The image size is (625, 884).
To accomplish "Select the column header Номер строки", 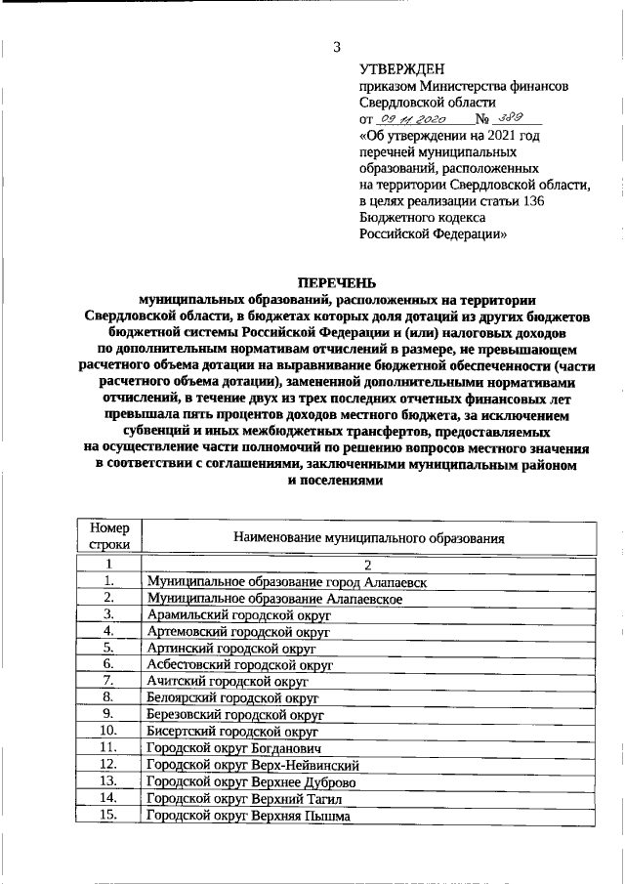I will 109,536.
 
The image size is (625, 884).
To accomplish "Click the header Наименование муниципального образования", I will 368,537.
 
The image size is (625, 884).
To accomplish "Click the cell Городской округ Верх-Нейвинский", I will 253,765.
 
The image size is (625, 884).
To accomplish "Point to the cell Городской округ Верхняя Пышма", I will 247,816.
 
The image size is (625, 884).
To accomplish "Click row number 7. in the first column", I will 109,681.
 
